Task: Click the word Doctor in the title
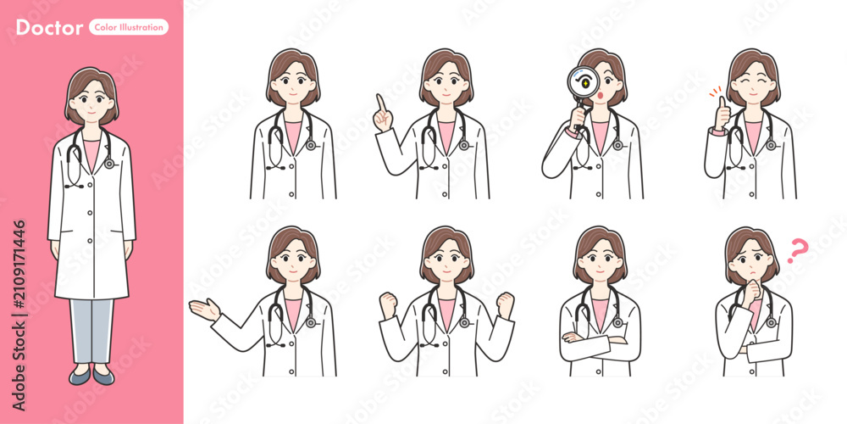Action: [49, 27]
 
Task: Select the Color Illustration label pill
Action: [129, 27]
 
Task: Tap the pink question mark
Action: [797, 251]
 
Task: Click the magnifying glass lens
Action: [584, 82]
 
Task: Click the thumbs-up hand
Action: [722, 114]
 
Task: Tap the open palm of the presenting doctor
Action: [204, 310]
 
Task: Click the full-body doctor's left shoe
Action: [103, 376]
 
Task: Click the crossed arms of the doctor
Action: [600, 340]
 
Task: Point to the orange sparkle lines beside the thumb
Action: [715, 91]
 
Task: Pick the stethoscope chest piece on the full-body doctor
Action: [109, 163]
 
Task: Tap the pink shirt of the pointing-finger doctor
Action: [446, 135]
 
